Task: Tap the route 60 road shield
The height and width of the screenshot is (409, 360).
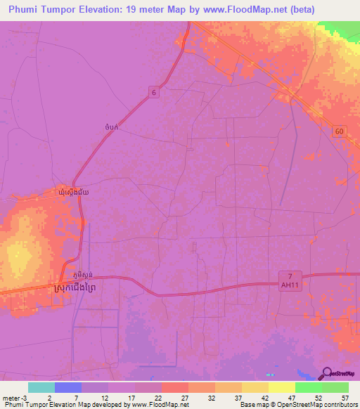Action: click(340, 132)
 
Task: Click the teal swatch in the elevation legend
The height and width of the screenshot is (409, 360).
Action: click(41, 387)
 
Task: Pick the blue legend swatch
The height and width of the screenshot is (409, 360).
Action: click(67, 387)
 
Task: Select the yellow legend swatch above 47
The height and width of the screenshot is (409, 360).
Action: click(281, 387)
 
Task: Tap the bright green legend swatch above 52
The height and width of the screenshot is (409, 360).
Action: click(308, 387)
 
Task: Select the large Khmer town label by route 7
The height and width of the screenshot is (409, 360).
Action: click(83, 288)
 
